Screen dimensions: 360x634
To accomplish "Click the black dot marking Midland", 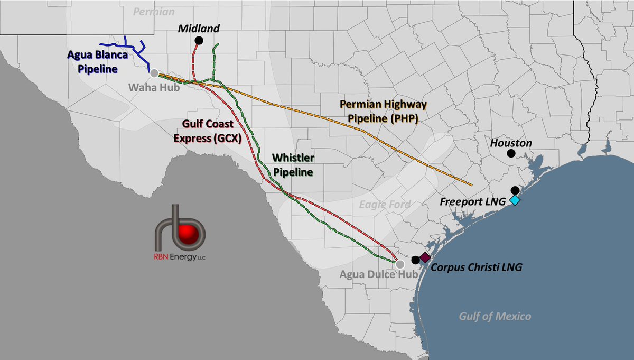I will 199,40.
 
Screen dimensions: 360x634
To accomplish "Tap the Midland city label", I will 199,28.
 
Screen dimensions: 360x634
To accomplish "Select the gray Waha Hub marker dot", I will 154,73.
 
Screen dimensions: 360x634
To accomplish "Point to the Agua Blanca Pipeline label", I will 93,61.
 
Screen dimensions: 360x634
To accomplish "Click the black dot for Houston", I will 511,153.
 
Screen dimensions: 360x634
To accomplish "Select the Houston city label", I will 511,143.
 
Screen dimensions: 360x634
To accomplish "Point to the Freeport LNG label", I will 473,201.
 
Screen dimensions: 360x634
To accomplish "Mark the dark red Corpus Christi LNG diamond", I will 425,257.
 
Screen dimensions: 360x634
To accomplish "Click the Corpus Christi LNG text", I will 476,267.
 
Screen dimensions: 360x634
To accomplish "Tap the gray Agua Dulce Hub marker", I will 400,264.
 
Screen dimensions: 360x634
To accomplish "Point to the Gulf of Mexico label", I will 495,316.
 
